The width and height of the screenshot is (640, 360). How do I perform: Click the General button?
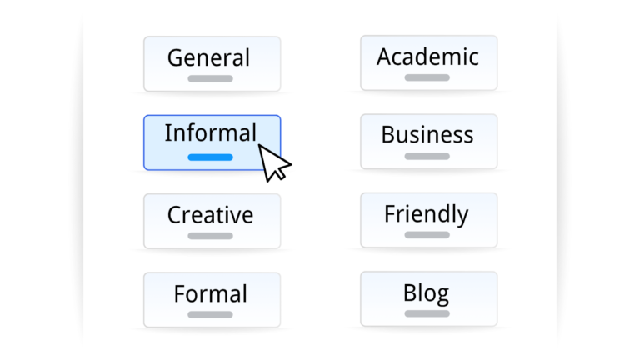click(212, 63)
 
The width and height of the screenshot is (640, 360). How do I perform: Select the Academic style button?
click(428, 62)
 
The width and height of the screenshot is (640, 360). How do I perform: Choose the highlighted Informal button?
click(212, 142)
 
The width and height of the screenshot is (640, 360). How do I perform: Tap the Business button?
click(428, 142)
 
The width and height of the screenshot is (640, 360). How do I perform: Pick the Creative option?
click(212, 221)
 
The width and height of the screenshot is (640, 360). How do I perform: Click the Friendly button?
click(428, 220)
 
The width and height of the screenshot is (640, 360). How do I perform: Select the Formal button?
click(212, 299)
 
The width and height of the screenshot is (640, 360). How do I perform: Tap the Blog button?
click(428, 298)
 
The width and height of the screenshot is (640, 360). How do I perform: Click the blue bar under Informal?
click(210, 157)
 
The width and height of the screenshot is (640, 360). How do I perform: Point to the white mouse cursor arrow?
click(272, 160)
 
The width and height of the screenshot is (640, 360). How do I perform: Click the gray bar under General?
click(210, 78)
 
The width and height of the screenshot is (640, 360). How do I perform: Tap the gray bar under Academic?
click(427, 77)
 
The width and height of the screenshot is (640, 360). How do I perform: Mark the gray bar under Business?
click(427, 156)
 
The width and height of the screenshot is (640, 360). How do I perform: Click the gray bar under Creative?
click(210, 236)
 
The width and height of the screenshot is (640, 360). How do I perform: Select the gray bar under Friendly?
click(427, 235)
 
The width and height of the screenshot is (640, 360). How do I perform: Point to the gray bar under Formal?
click(210, 314)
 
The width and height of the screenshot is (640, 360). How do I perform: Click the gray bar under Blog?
click(427, 313)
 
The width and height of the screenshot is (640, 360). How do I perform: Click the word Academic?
click(427, 57)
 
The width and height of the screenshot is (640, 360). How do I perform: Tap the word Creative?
click(210, 215)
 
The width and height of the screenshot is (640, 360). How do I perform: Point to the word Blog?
click(426, 293)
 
